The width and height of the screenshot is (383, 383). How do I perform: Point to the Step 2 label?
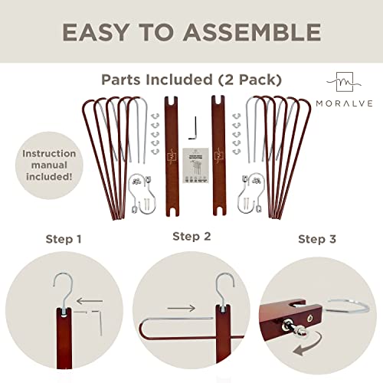coord(191,236)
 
